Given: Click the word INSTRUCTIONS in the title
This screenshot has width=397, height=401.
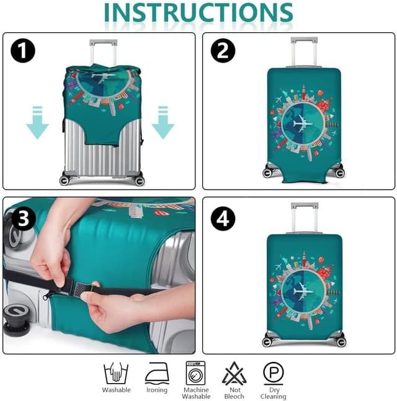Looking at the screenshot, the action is pos(198,12).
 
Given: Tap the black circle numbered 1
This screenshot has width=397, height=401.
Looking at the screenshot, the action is pos(23,51).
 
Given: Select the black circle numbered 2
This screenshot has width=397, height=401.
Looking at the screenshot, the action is pos(223,51).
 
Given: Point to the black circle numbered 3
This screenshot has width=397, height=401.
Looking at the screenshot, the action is pos(24,219).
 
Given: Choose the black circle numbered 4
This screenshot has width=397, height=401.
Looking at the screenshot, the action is pos(223,219).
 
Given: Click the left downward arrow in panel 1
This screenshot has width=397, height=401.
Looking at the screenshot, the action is pos(37,123).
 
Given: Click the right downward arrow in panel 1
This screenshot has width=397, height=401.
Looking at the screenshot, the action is pos(163,123).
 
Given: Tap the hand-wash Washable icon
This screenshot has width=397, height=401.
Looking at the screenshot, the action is pos(116,373).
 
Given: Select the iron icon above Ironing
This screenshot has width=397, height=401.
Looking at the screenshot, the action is pos(157,373).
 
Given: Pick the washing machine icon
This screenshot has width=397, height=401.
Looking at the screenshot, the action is pos(195,373).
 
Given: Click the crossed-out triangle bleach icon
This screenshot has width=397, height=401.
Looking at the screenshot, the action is pos(234,373).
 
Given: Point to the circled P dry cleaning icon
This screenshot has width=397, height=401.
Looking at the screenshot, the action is pos(274,373).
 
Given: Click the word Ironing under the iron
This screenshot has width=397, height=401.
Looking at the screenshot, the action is pos(157,390).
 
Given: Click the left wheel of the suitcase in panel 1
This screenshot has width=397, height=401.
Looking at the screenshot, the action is pos(65,180).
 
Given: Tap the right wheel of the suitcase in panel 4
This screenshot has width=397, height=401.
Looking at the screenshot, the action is pos(341,342).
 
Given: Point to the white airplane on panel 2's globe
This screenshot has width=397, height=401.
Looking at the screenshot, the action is pos(303,124).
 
